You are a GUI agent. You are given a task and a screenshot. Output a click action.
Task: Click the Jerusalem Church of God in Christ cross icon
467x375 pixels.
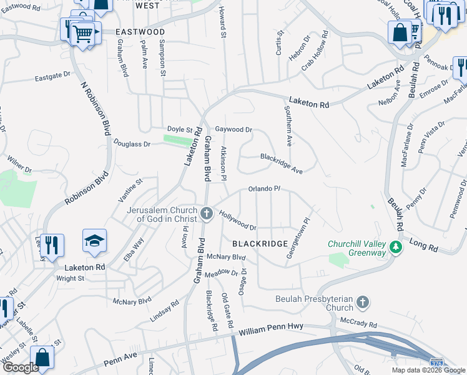207,215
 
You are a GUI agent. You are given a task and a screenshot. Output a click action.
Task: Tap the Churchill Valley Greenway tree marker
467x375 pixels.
395,248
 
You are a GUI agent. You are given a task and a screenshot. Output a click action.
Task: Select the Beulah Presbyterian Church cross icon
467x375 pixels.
362,304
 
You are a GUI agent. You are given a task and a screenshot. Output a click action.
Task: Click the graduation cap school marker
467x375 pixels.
94,241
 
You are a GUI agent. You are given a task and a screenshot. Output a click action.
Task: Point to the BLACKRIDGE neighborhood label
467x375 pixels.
260,243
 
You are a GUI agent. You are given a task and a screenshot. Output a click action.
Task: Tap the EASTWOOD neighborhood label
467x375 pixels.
140,31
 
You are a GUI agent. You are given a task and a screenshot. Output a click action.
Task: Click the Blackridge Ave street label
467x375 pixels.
282,164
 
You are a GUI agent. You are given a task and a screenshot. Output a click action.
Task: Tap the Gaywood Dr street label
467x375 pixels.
234,130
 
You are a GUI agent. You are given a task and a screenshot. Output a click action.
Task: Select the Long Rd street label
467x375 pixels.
424,244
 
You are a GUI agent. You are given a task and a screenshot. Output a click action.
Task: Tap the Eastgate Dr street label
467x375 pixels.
52,76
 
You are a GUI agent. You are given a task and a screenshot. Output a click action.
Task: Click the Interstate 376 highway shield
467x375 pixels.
439,363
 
